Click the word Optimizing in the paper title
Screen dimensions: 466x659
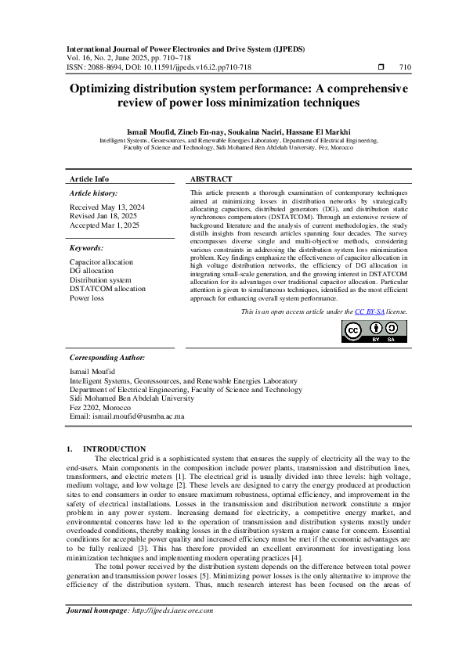105,89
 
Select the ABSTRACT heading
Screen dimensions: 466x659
211,179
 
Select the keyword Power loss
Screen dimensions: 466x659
86,298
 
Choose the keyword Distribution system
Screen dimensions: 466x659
100,279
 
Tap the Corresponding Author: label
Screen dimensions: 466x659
107,357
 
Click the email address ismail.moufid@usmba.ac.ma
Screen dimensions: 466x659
139,416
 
